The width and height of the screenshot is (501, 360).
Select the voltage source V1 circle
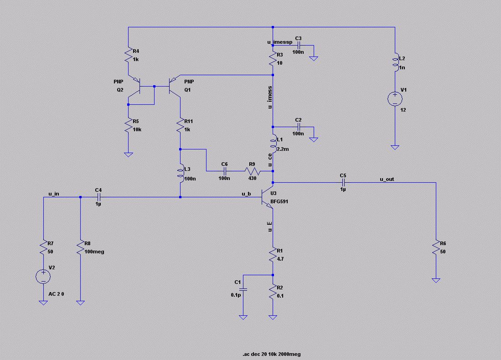click(395, 99)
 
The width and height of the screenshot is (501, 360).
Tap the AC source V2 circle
click(43, 275)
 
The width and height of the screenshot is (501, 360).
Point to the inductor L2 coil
click(395, 63)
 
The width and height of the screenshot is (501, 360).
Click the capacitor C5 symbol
click(343, 182)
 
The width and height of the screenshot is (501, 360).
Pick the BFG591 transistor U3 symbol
click(268, 197)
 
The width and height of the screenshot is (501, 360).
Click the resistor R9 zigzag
click(252, 171)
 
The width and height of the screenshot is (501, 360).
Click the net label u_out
click(387, 179)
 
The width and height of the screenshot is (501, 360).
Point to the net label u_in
click(54, 194)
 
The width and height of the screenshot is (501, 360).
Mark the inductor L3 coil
click(181, 173)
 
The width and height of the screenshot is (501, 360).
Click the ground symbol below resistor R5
click(129, 154)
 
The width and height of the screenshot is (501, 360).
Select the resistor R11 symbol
click(181, 126)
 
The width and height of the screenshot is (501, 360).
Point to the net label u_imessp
click(279, 42)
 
